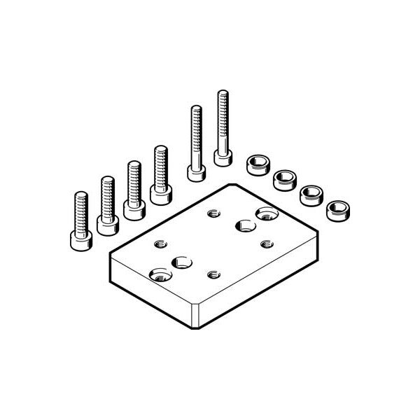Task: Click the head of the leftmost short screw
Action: [81, 240]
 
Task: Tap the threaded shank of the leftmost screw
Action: [81, 210]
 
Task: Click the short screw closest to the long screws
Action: [160, 175]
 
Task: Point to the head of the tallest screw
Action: [223, 157]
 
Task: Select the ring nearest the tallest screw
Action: [258, 166]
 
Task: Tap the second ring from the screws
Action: [284, 180]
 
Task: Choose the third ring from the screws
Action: [311, 194]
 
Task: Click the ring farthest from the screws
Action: [338, 208]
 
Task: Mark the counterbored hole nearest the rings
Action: [266, 213]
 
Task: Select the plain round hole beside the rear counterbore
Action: [244, 225]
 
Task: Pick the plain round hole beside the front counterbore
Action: [183, 262]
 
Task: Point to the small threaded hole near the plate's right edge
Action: [266, 244]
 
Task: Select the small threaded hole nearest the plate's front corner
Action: [213, 274]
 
